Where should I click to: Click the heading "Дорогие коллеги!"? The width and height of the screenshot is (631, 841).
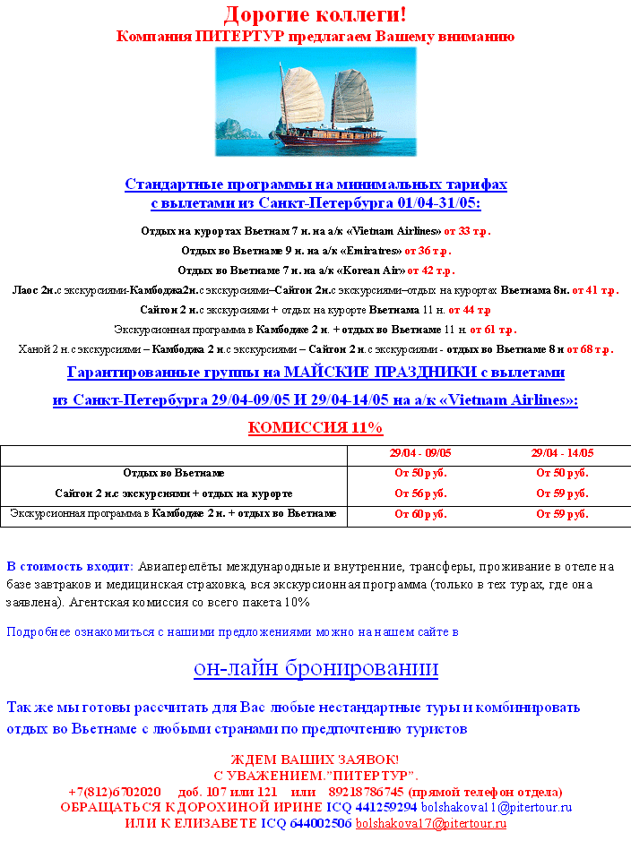coord(315,14)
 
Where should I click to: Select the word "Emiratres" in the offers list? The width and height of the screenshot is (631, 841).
coord(374,251)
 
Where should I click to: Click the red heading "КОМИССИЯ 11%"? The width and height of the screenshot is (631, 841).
coord(315,427)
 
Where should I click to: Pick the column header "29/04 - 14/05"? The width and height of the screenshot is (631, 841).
coord(562,454)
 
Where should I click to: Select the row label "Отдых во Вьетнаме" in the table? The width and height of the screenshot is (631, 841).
coord(174,473)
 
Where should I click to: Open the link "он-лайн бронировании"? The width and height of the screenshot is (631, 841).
coord(315,668)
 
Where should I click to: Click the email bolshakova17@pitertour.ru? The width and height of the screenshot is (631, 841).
coord(431,823)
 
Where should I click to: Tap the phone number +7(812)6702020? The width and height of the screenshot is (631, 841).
coord(115,792)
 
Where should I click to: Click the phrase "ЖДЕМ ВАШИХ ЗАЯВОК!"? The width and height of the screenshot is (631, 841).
coord(315,760)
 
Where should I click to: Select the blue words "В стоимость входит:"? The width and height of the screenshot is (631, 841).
coord(70,566)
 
